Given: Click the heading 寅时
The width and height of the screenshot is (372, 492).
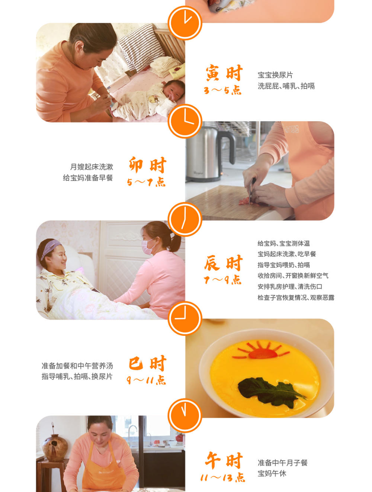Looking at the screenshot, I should [224, 73].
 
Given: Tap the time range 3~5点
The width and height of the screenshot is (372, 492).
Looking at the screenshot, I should [222, 90].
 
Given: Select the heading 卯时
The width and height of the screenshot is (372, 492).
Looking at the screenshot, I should [147, 165].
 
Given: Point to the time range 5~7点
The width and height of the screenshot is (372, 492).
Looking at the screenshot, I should [146, 182].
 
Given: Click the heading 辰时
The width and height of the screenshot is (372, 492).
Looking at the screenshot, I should [223, 263].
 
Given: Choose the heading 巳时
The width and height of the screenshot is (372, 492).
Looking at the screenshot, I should [147, 363].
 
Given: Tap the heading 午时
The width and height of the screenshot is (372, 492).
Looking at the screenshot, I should [224, 460].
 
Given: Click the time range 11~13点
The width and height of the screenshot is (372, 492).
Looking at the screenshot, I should [222, 478].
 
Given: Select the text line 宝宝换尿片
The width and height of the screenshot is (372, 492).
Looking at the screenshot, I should [275, 75].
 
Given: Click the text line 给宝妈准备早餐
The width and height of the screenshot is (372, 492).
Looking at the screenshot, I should [88, 178].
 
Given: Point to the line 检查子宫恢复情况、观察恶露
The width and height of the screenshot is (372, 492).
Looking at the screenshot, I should [296, 298].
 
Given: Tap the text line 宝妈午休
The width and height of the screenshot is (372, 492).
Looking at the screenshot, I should [272, 474].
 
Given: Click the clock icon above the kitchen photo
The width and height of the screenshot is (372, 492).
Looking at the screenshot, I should [185, 122].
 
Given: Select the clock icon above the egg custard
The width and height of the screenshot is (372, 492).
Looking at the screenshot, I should [185, 318].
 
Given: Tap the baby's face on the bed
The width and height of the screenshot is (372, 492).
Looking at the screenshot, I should [173, 91].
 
